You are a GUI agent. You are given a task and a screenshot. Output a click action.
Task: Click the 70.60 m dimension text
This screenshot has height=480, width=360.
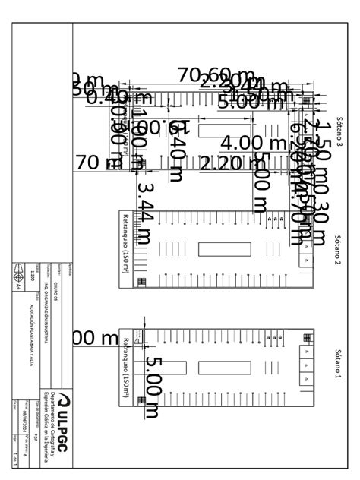tap(215, 76)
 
